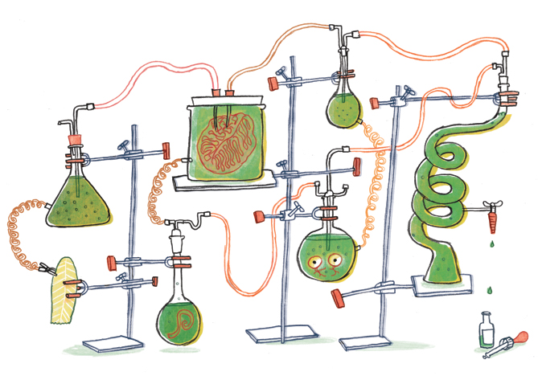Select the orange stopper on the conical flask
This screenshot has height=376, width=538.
click(x=75, y=138)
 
